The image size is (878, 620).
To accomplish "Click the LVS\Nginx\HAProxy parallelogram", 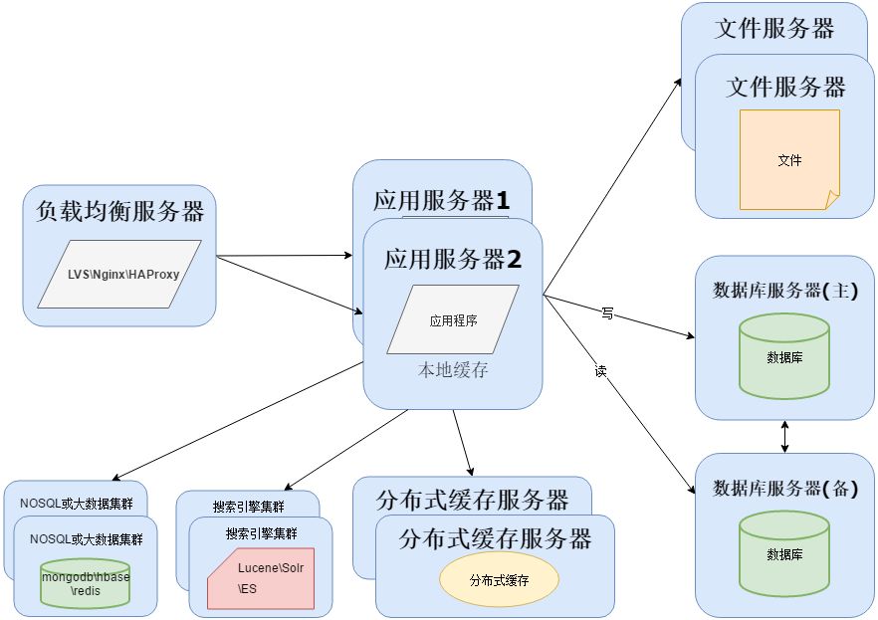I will [x=119, y=273].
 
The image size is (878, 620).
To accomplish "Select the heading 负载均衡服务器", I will [x=119, y=211].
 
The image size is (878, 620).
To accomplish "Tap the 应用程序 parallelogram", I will [x=453, y=319].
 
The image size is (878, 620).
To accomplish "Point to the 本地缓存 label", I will [x=453, y=370].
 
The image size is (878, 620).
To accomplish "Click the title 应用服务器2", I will [x=453, y=260].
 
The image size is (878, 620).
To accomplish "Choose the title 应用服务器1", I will [x=441, y=200].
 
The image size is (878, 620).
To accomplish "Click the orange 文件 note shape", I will [x=789, y=159].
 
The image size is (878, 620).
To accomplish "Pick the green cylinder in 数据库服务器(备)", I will [x=784, y=552].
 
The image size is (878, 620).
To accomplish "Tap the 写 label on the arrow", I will [x=607, y=312].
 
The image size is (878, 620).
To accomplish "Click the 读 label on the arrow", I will [x=600, y=370].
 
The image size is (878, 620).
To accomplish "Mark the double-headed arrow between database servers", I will [x=786, y=436].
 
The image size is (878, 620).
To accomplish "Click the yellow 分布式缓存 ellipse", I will [x=499, y=579].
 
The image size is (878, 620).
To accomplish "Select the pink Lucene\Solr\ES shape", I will [x=261, y=578].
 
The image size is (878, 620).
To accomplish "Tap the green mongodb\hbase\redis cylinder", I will [x=86, y=583].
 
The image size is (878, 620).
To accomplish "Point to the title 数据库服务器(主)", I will [x=785, y=291].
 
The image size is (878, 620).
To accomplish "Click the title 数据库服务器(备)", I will [x=785, y=489].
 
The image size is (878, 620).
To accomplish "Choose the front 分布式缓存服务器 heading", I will [x=495, y=539].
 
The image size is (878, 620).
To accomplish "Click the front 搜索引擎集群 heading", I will [x=262, y=533].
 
